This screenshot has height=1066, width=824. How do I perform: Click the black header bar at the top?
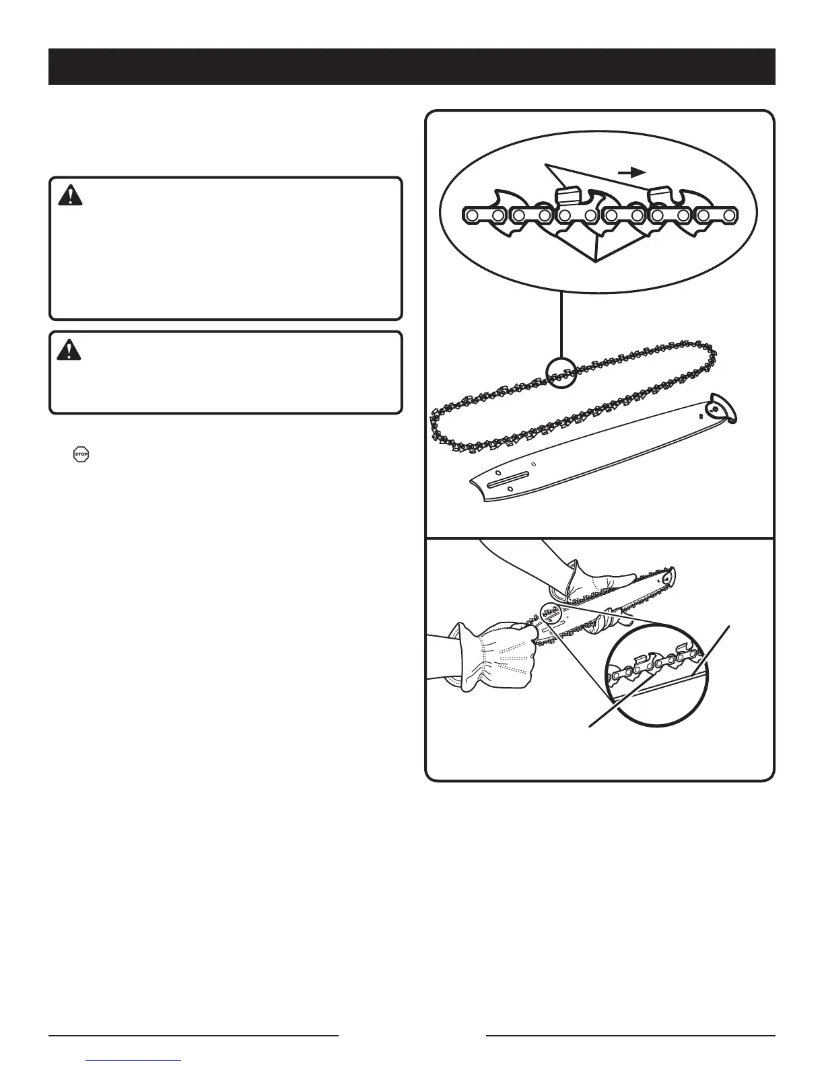click(411, 66)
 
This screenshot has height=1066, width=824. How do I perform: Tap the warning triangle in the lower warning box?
click(70, 350)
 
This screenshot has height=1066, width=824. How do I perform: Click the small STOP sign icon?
click(81, 454)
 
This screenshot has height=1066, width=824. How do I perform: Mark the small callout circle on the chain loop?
click(561, 373)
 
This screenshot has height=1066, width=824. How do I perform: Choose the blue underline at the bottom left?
click(135, 1061)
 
